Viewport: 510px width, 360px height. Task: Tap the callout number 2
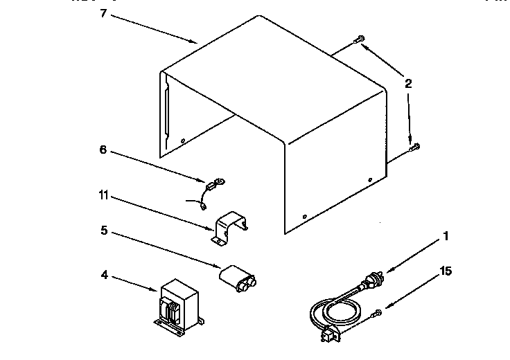[408, 84]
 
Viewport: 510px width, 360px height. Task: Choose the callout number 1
[446, 236]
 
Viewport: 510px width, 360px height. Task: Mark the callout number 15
[446, 271]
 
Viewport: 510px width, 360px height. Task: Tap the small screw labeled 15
[378, 315]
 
